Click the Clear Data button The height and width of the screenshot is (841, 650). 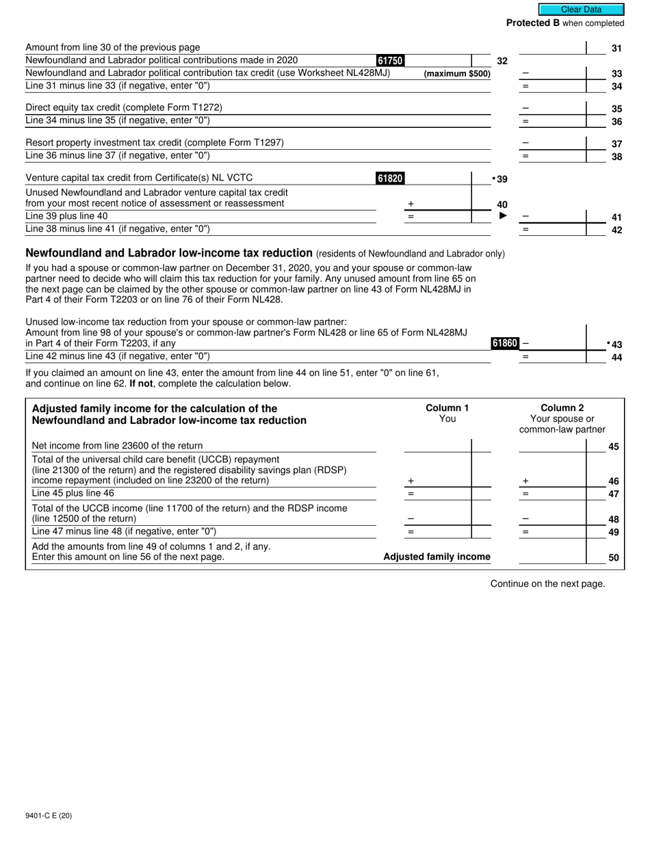click(x=581, y=10)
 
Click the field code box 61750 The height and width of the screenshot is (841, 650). click(x=390, y=61)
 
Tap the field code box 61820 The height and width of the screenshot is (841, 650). click(x=390, y=178)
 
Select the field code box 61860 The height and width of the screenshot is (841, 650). click(x=505, y=343)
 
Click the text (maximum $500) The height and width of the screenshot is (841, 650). click(x=457, y=74)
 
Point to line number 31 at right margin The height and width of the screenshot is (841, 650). click(x=616, y=48)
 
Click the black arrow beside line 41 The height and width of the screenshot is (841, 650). click(x=504, y=216)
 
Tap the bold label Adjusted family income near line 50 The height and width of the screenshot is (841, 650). click(x=437, y=557)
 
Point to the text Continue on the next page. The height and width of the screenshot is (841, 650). click(x=547, y=583)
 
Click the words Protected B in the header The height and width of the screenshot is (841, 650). click(x=532, y=23)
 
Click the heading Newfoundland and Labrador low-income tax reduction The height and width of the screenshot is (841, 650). click(x=169, y=253)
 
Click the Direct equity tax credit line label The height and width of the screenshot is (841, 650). click(x=124, y=107)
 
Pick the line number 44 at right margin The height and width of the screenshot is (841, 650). click(x=616, y=357)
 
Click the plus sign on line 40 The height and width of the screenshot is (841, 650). click(x=411, y=204)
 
